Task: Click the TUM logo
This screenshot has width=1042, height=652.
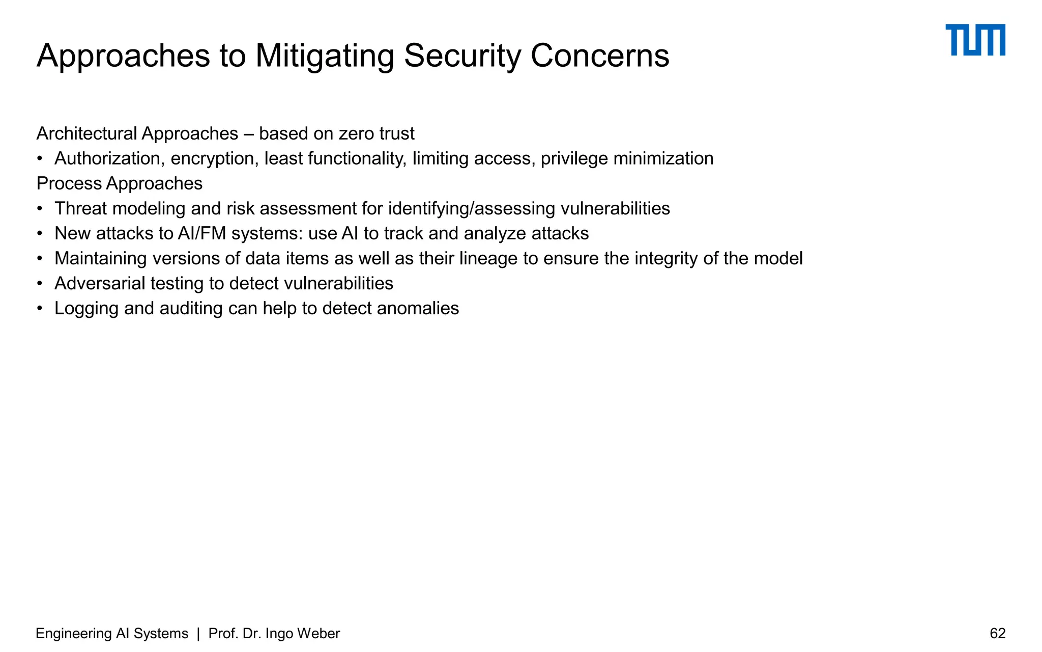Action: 975,40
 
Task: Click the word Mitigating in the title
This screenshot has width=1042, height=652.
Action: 324,56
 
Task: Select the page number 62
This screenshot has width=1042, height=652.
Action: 997,633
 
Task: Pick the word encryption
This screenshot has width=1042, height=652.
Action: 212,159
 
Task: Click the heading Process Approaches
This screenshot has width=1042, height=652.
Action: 120,183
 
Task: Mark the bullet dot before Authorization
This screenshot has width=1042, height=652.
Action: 40,159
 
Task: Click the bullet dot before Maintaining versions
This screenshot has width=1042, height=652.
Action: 40,259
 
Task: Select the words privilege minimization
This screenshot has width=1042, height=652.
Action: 627,159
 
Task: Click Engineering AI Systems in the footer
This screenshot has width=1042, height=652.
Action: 112,633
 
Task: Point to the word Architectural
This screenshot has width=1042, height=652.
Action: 86,133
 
